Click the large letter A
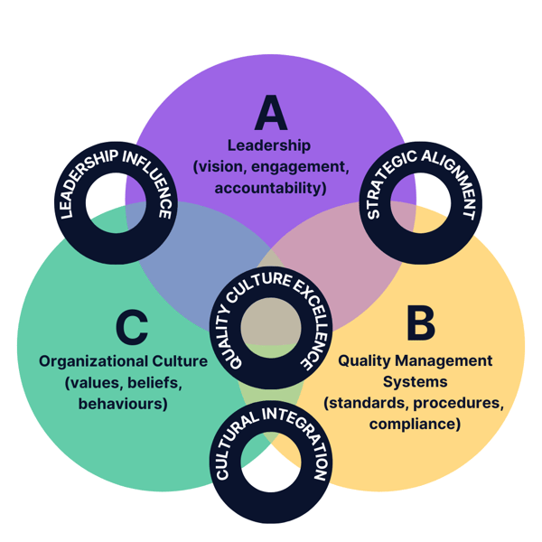pyautogui.click(x=270, y=112)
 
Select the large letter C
pyautogui.click(x=131, y=326)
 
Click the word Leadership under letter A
pyautogui.click(x=269, y=145)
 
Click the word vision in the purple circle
pyautogui.click(x=221, y=166)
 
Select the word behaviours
pyautogui.click(x=123, y=404)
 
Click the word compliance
pyautogui.click(x=415, y=423)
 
